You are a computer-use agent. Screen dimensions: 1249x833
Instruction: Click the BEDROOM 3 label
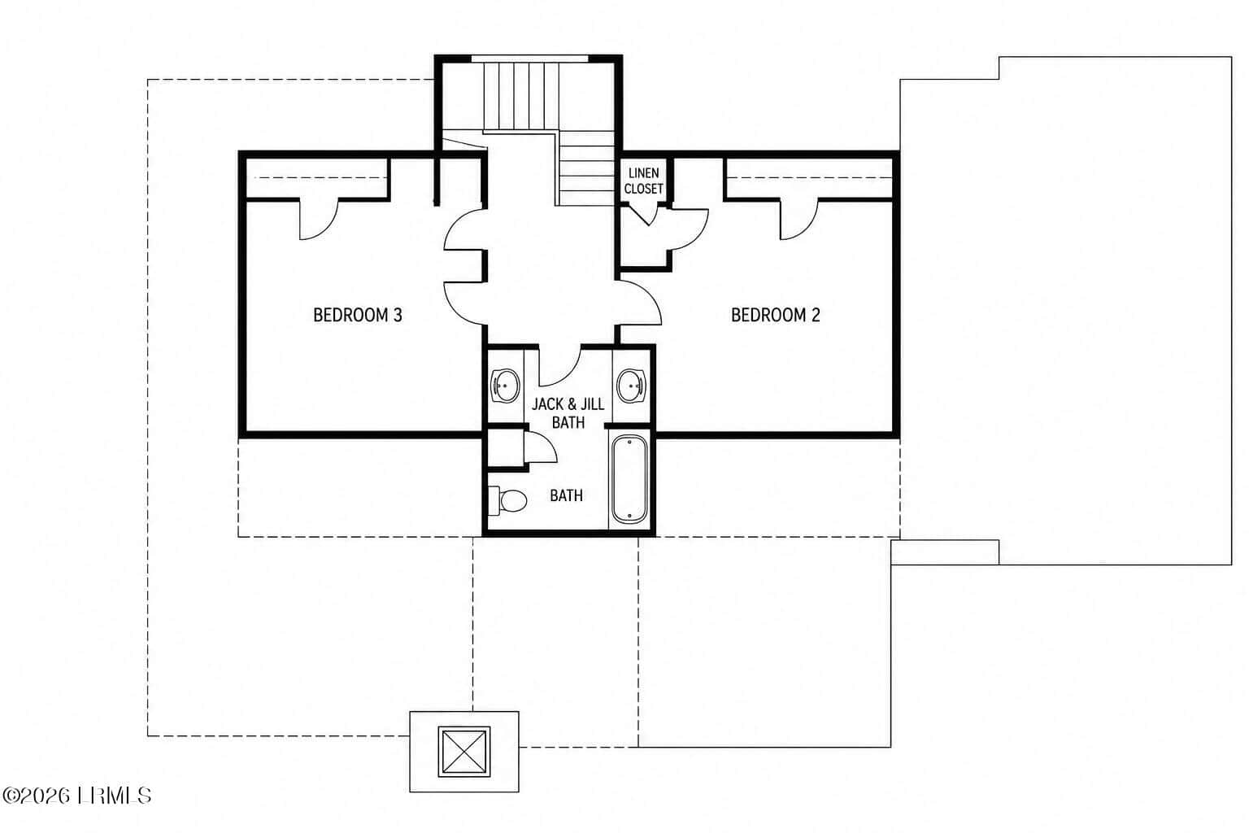[x=358, y=316]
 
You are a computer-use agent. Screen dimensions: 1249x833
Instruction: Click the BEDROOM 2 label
[x=775, y=316]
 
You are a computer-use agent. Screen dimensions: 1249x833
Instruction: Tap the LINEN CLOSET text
[x=643, y=181]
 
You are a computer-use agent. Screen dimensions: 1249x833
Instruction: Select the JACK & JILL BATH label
[x=568, y=413]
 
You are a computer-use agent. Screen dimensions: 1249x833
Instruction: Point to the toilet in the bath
[x=507, y=500]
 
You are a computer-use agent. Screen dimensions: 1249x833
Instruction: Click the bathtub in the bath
[x=629, y=479]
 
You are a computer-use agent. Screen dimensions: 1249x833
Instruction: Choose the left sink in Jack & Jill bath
[x=505, y=386]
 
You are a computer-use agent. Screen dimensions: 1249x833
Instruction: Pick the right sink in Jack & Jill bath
[x=631, y=386]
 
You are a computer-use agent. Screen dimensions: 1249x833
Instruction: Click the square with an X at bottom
[x=464, y=752]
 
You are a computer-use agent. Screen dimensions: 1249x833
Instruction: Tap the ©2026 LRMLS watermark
[x=76, y=796]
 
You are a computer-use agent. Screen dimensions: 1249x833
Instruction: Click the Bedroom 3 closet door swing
[x=319, y=220]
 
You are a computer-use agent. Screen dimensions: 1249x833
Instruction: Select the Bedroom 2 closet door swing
[x=799, y=220]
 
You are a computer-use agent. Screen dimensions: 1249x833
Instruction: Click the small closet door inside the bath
[x=540, y=447]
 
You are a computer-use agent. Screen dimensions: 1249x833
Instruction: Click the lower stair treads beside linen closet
[x=586, y=168]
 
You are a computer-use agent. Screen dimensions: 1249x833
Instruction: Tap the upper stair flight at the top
[x=520, y=96]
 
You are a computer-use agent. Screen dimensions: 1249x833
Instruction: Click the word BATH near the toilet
[x=566, y=495]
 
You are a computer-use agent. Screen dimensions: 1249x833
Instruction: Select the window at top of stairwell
[x=529, y=58]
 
